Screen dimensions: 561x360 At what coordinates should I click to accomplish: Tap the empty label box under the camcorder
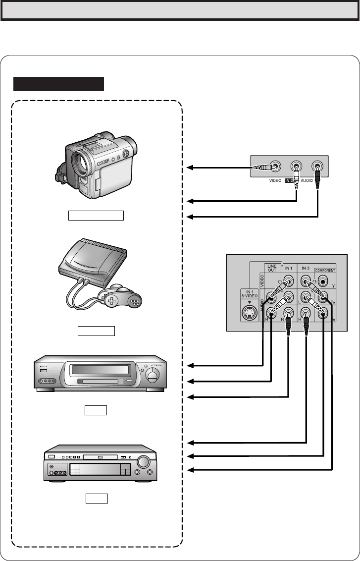pos(96,215)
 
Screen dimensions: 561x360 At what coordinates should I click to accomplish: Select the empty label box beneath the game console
pos(96,331)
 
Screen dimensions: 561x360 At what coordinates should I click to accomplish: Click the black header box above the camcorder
pos(58,84)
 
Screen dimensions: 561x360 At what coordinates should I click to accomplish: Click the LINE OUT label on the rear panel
pos(272,268)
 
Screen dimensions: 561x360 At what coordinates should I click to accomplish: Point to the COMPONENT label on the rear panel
pos(324,271)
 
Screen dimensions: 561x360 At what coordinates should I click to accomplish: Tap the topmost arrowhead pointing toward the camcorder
pos(189,168)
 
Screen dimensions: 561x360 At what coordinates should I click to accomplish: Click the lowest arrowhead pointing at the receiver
pos(189,469)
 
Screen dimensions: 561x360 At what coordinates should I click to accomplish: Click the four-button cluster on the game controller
pos(134,301)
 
